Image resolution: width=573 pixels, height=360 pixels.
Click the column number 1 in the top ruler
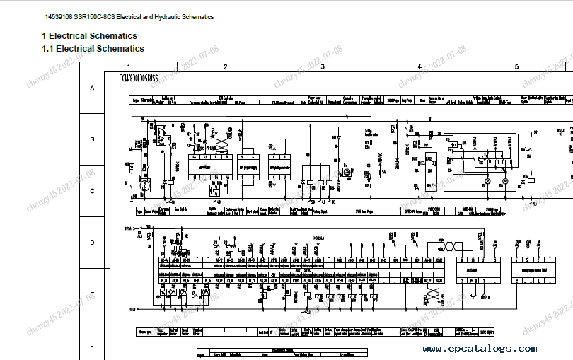[128, 66]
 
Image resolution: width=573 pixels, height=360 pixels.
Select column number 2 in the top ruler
[225, 66]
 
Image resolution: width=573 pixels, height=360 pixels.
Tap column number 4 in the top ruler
[419, 66]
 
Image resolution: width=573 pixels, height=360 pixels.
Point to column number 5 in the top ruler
[516, 66]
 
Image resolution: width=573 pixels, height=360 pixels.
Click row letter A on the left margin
[91, 88]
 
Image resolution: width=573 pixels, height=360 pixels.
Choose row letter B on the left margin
[91, 139]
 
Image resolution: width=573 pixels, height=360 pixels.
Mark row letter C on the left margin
[91, 191]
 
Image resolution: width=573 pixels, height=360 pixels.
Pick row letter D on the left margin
[91, 243]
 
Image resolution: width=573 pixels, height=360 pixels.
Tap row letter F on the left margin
[91, 346]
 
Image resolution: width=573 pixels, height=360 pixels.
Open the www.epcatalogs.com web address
[480, 348]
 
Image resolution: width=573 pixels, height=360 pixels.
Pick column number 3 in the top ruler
[323, 66]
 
